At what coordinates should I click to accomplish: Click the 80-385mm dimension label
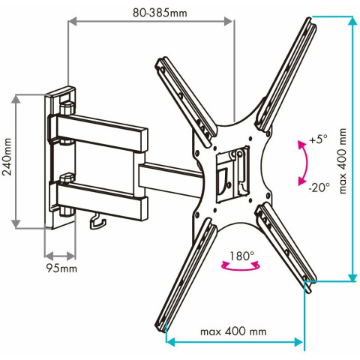tap(160, 13)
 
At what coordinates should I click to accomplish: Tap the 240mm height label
tap(7, 157)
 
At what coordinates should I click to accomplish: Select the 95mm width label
tap(61, 268)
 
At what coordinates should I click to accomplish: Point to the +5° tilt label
tap(318, 139)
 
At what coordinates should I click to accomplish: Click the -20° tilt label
tap(319, 187)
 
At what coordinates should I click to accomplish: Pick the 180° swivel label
tap(241, 256)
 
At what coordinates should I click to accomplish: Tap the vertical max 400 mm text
tap(343, 161)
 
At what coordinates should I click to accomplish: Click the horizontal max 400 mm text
tap(233, 331)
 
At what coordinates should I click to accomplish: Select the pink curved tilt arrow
tap(304, 163)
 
